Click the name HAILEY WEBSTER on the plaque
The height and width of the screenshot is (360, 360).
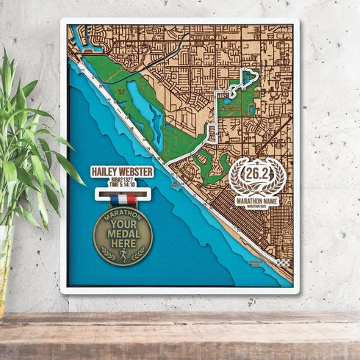click(122, 171)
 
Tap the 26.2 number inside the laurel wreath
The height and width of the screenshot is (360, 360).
click(257, 175)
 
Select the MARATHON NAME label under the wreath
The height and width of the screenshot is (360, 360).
click(257, 199)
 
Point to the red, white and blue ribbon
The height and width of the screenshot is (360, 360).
click(123, 199)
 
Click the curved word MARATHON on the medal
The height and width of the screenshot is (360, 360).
click(123, 215)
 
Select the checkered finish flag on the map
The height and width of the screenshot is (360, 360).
click(283, 262)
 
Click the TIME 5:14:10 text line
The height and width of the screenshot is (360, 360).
click(123, 184)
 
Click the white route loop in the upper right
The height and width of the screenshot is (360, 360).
click(244, 83)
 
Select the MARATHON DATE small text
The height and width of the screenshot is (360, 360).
click(257, 205)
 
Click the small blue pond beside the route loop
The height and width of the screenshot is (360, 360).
click(252, 110)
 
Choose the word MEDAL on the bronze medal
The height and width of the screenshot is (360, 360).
click(123, 235)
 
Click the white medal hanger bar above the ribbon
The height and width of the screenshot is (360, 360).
click(123, 192)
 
